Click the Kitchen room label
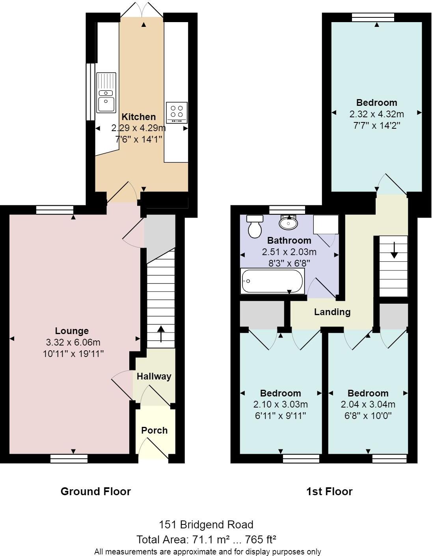pyautogui.click(x=138, y=117)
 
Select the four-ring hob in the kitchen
pyautogui.click(x=177, y=112)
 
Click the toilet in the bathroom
pyautogui.click(x=255, y=227)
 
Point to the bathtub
pyautogui.click(x=272, y=281)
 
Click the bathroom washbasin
pyautogui.click(x=289, y=223)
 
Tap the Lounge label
pyautogui.click(x=72, y=331)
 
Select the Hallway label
pyautogui.click(x=154, y=376)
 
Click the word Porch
pyautogui.click(x=155, y=430)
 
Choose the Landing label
pyautogui.click(x=332, y=312)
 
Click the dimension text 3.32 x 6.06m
pyautogui.click(x=73, y=342)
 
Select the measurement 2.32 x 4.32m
pyautogui.click(x=376, y=114)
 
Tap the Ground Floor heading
pyautogui.click(x=96, y=491)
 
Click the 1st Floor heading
pyautogui.click(x=329, y=491)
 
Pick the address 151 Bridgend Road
pyautogui.click(x=206, y=524)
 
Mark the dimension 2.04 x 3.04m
pyautogui.click(x=368, y=404)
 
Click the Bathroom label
pyautogui.click(x=289, y=240)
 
